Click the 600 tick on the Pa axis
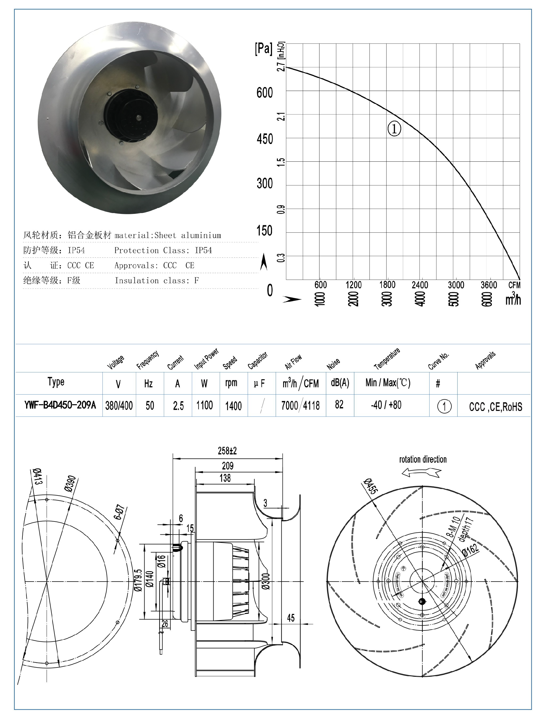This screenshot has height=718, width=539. point(264,93)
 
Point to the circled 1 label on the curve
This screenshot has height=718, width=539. point(394,129)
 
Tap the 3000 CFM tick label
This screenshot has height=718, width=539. point(456,285)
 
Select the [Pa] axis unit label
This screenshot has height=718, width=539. point(263,49)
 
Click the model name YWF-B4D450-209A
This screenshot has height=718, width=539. point(60,405)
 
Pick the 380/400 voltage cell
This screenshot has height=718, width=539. point(119,405)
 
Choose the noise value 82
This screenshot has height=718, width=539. point(339,404)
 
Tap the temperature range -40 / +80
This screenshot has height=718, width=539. point(386,405)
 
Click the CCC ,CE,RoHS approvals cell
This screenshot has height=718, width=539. point(495,406)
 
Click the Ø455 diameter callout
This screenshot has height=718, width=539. point(370,486)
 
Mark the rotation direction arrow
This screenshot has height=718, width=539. point(421,473)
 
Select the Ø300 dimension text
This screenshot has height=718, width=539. point(265,581)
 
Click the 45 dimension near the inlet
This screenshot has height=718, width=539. point(291,618)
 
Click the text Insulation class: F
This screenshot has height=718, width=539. point(156,280)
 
